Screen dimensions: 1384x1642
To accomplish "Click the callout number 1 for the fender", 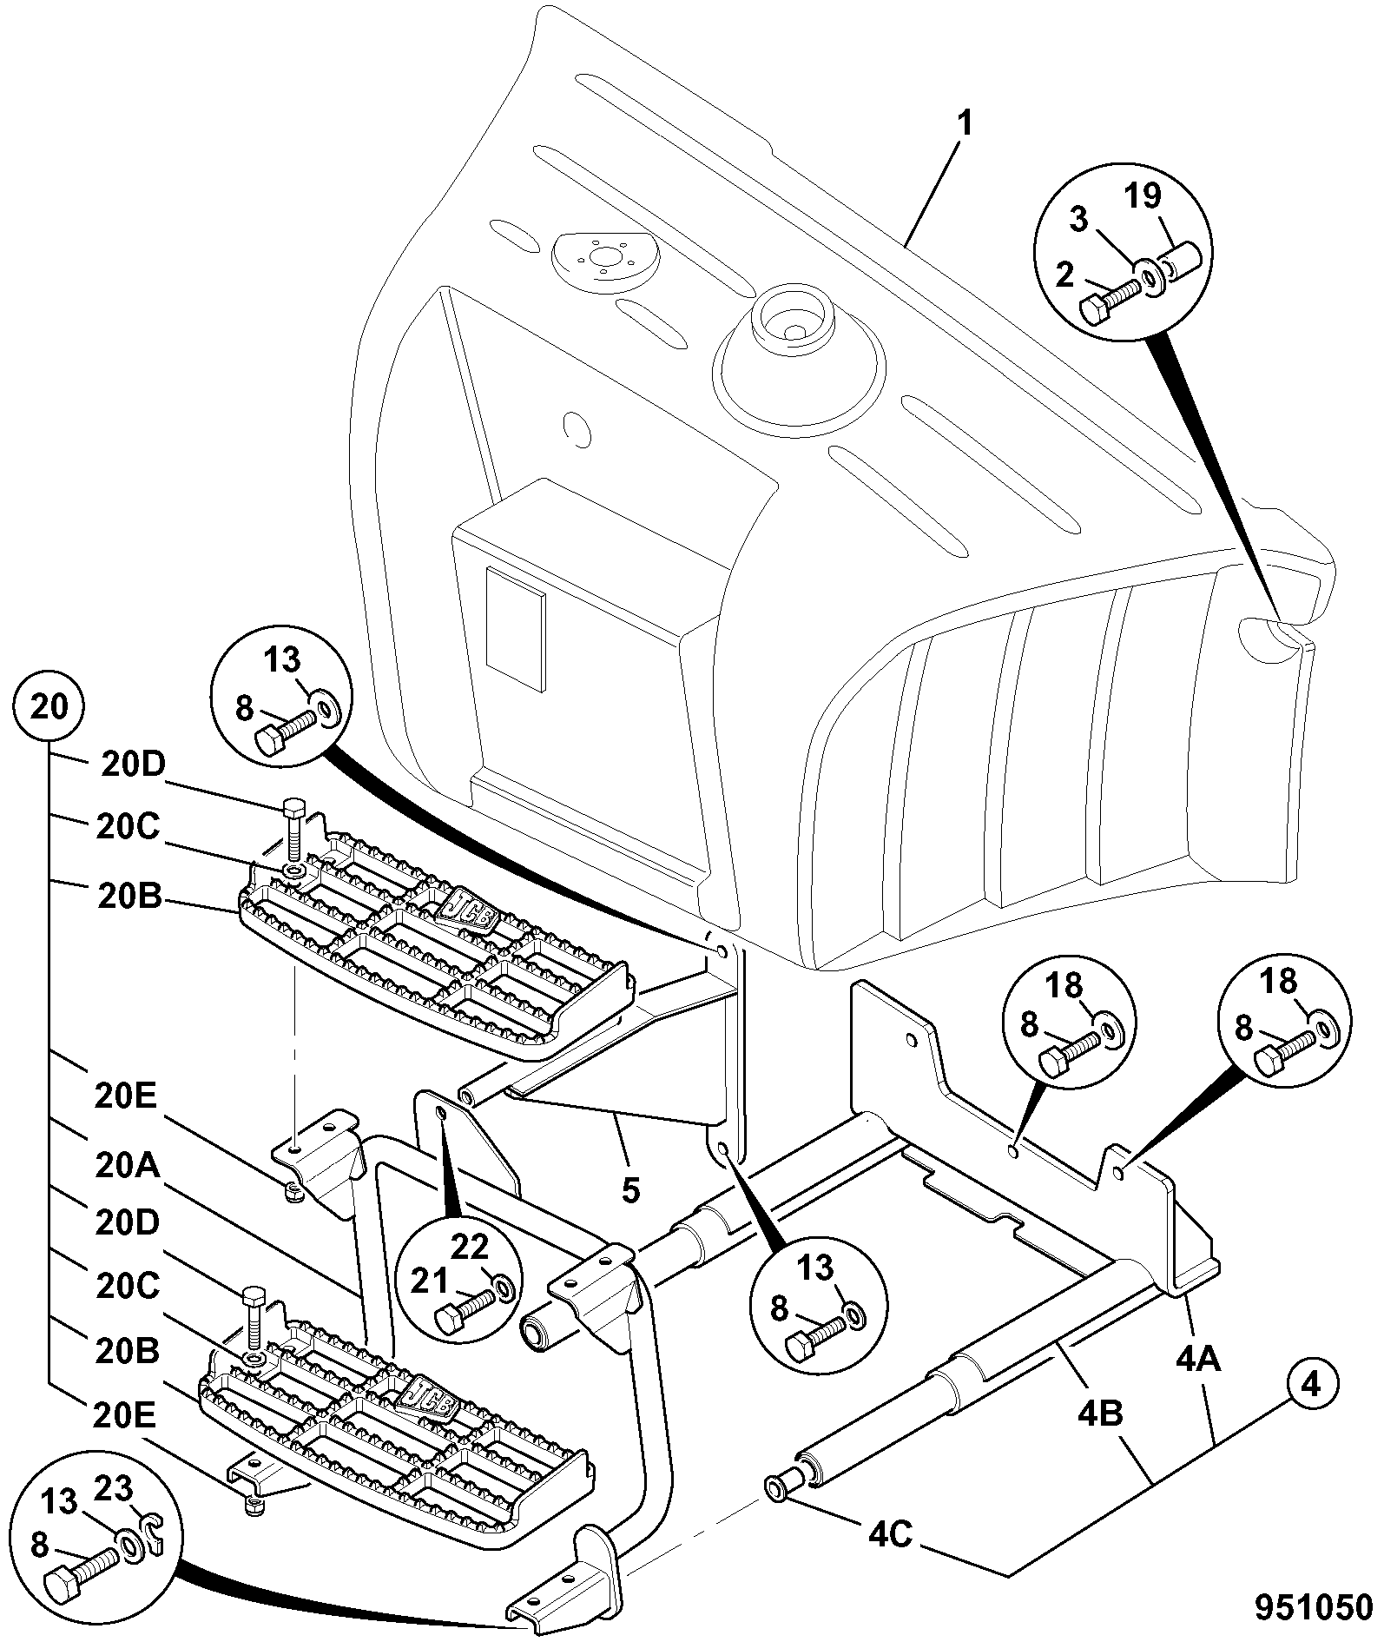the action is click(965, 124).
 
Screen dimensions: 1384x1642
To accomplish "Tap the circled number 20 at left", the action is click(49, 706).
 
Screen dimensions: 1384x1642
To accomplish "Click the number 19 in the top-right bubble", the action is click(1143, 196).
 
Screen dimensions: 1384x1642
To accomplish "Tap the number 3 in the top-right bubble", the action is click(1079, 221).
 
